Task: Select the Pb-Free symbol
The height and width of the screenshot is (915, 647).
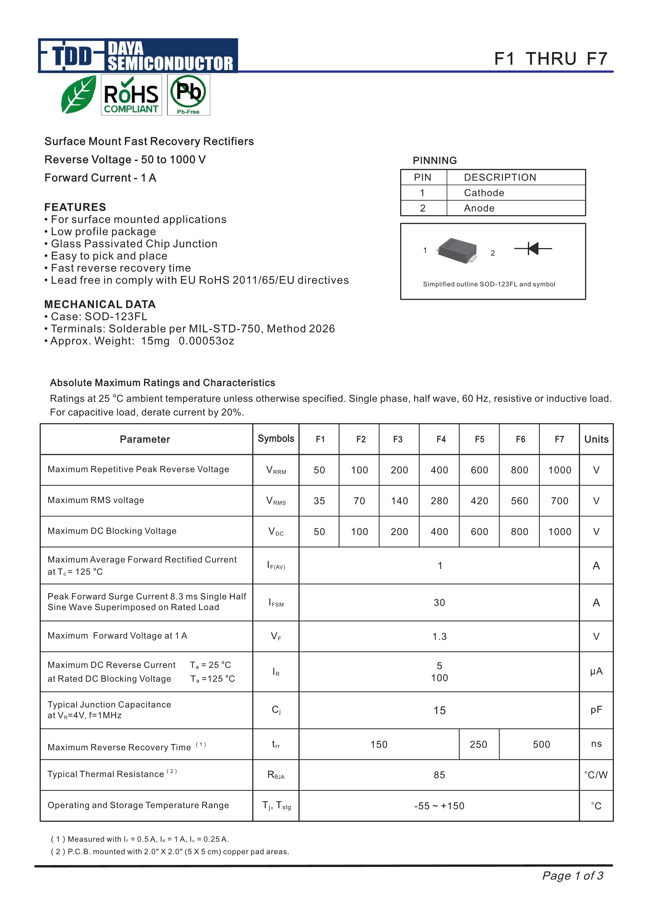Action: coord(188,95)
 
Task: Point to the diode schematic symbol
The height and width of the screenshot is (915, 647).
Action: coord(533,249)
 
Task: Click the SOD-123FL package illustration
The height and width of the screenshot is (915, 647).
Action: coord(457,250)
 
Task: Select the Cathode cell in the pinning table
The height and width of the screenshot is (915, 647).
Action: coord(484,193)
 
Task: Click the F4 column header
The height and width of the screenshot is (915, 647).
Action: coord(441,439)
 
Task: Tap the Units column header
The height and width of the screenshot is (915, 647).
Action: coord(596,439)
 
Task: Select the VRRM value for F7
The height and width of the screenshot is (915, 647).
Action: coord(559,470)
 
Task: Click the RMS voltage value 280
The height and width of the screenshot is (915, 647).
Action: coord(439,501)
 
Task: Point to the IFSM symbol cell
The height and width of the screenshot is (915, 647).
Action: coord(276,602)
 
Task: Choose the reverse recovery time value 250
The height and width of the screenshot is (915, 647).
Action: coord(478,744)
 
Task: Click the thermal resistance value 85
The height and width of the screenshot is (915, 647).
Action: coord(439,775)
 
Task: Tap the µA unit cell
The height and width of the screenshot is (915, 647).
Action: coord(596,672)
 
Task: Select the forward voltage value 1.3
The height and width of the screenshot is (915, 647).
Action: coord(439,636)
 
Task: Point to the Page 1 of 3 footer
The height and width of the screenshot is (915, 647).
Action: coord(572,876)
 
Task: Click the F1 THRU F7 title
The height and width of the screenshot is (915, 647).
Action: coord(550,59)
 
